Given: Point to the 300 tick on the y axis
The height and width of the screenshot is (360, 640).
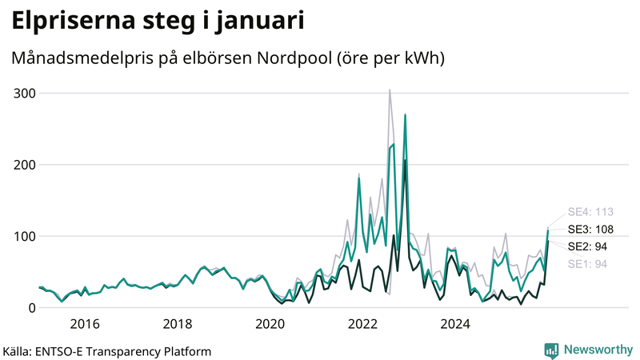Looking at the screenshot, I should tap(24, 93).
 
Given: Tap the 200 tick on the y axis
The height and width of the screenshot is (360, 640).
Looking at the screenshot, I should tap(24, 165).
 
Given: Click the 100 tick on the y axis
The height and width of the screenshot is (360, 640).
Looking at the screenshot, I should tap(24, 236).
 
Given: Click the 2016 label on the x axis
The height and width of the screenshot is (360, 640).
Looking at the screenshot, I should tap(85, 324).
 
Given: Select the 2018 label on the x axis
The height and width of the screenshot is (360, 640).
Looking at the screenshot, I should tap(178, 324).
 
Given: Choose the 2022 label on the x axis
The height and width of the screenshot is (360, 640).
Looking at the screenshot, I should tap(363, 324).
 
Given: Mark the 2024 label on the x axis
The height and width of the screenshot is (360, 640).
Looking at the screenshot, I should tap(456, 324).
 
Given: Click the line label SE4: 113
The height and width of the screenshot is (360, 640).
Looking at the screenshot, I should tap(590, 212).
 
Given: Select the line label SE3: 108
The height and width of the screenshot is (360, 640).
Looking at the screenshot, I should tap(590, 230).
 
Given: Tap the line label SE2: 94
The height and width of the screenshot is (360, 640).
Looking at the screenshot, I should tap(586, 246).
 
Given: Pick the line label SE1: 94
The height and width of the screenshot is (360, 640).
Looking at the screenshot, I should tap(586, 264).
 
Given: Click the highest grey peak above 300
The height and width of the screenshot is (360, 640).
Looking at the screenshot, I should tap(390, 90).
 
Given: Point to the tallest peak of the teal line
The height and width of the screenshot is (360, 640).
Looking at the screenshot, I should tap(406, 115).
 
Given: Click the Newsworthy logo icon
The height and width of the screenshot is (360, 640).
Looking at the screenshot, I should tap(551, 350).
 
